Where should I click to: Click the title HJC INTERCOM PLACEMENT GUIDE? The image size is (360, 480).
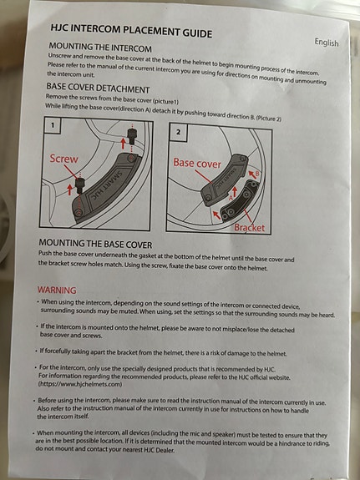(x=131, y=31)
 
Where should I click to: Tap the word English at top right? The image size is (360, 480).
(x=327, y=43)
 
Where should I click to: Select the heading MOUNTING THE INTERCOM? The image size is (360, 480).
(x=100, y=48)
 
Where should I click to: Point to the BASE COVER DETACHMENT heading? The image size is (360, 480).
(x=98, y=88)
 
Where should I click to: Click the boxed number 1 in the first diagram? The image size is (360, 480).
(x=53, y=125)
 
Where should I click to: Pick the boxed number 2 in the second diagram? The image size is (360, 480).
(x=178, y=132)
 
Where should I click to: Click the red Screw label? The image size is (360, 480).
(x=63, y=159)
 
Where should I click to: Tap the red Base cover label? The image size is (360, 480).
(x=197, y=163)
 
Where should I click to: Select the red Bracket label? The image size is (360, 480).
(x=249, y=227)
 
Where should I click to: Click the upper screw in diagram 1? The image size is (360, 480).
(x=132, y=136)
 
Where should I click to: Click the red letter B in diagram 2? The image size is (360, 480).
(x=257, y=174)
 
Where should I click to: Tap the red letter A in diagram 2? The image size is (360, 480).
(x=231, y=199)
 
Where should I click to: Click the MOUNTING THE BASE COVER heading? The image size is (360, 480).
(x=95, y=244)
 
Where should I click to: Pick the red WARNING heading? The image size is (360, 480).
(x=57, y=290)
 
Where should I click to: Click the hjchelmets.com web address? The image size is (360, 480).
(x=80, y=384)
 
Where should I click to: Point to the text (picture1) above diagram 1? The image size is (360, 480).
(x=165, y=101)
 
